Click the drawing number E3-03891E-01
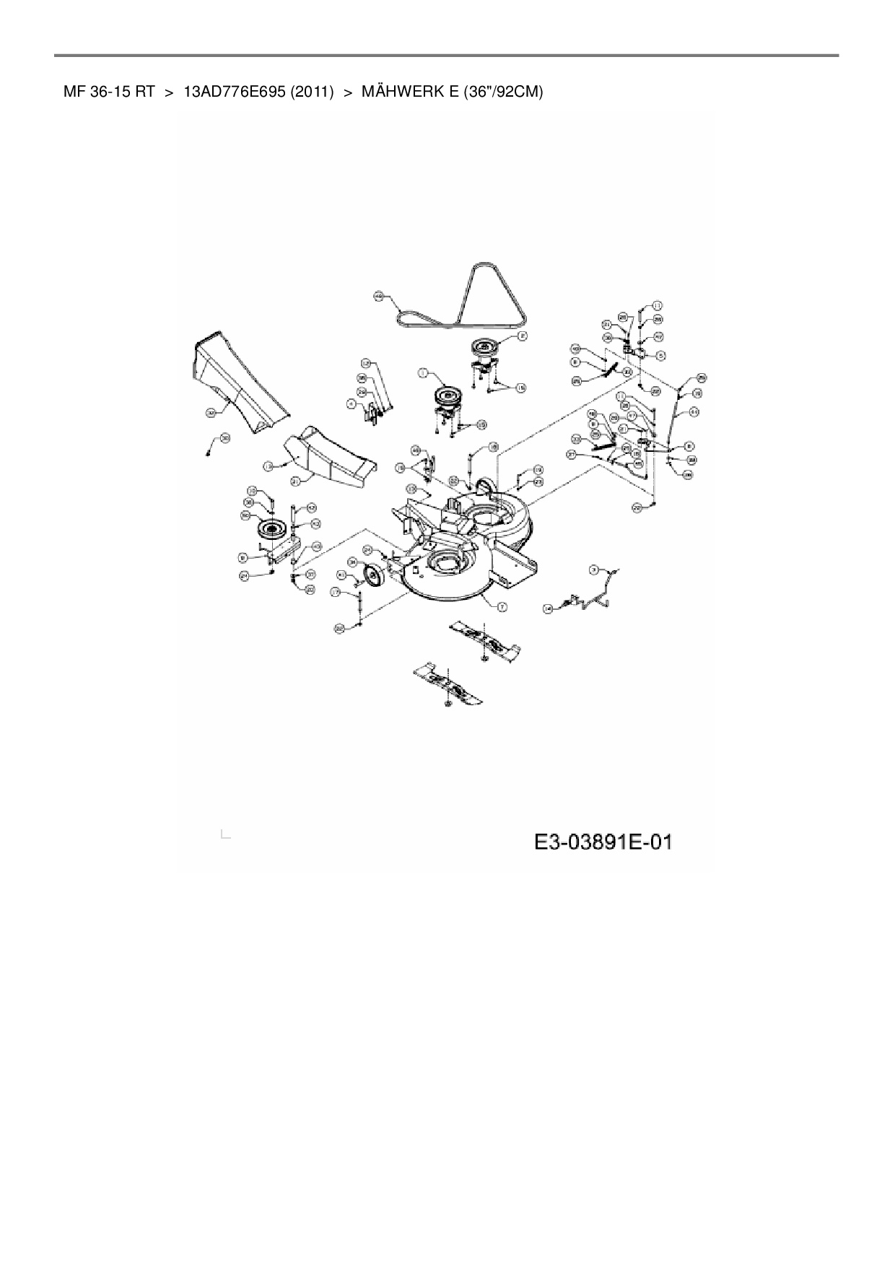click(x=603, y=842)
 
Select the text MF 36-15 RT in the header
click(x=109, y=92)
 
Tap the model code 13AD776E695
click(x=235, y=92)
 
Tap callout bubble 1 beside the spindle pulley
click(x=424, y=373)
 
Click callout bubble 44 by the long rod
click(x=694, y=411)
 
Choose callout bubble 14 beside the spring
click(x=548, y=609)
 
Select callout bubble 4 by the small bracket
click(x=352, y=405)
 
